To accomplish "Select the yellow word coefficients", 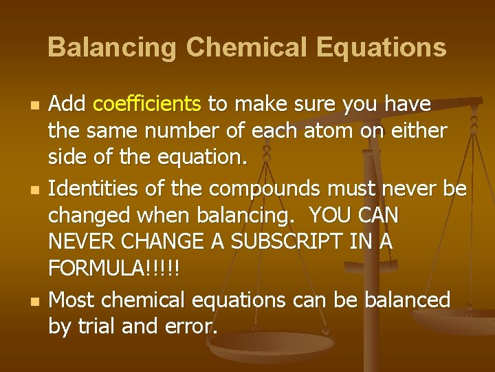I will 147,105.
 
